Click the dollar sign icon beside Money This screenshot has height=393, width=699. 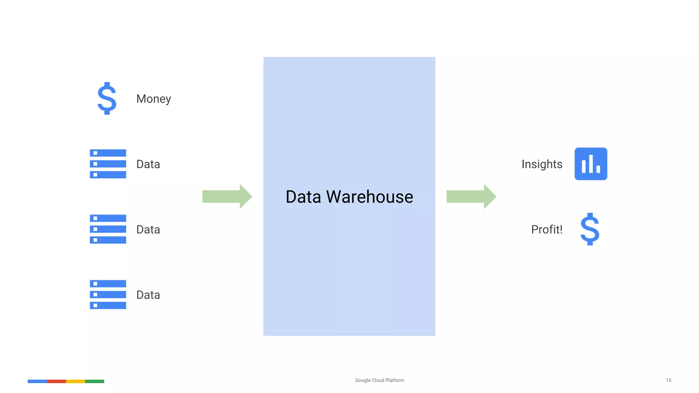[x=107, y=98]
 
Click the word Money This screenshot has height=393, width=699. [x=154, y=99]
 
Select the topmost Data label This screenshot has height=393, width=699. [x=148, y=164]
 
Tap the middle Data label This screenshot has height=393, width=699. [x=148, y=230]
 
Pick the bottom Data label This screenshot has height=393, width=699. [x=148, y=295]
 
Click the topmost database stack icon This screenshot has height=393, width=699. [x=108, y=164]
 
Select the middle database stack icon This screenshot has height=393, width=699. [x=108, y=229]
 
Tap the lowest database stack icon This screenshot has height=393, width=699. [x=108, y=294]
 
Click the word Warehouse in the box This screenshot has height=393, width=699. [x=370, y=197]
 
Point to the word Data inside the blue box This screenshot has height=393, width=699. [x=303, y=197]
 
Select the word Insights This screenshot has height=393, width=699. [x=542, y=164]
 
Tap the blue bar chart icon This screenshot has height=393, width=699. [x=590, y=164]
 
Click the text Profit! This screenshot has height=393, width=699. [x=546, y=230]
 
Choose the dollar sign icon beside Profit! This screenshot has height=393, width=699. [x=590, y=229]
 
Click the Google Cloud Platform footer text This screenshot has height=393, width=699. [x=380, y=380]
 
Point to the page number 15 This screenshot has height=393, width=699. [x=668, y=380]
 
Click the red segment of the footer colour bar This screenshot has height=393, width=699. [x=56, y=381]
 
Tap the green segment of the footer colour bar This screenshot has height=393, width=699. [x=95, y=381]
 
